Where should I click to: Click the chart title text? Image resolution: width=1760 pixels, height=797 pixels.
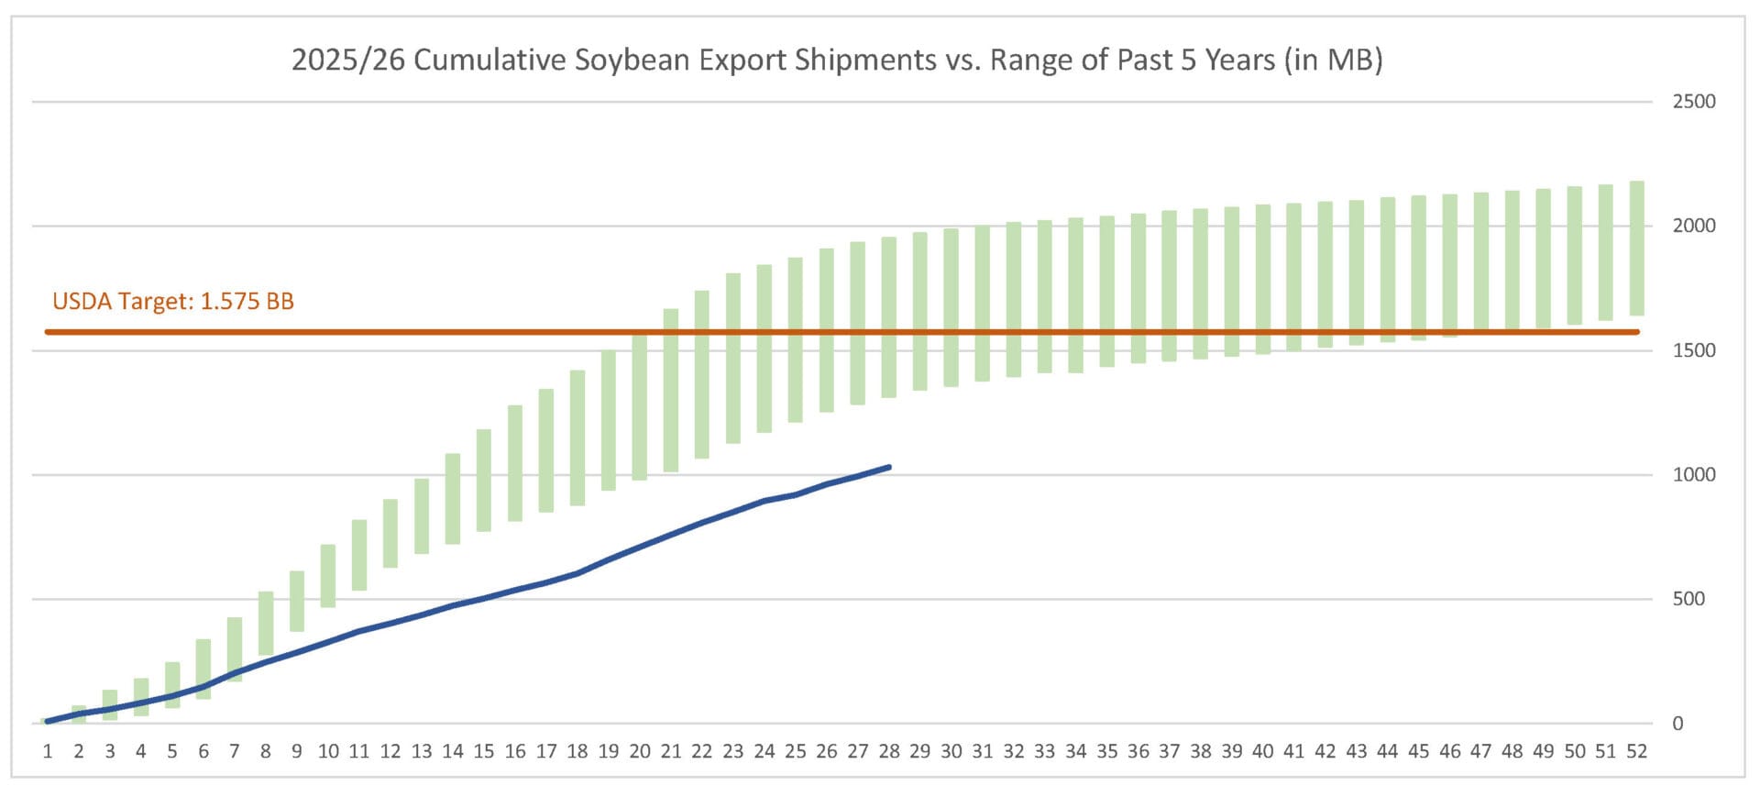(x=836, y=61)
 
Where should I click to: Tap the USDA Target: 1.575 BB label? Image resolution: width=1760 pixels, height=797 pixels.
(x=173, y=302)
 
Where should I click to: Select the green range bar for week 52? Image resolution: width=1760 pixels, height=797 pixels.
(x=1636, y=249)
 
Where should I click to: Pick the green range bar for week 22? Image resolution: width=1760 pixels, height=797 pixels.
(x=701, y=374)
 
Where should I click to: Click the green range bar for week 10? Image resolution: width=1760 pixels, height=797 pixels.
(x=328, y=576)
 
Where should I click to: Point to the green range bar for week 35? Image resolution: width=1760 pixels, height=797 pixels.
(x=1106, y=292)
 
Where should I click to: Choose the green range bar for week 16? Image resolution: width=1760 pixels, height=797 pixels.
(x=515, y=463)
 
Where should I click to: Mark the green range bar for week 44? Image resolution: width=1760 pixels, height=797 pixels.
(x=1387, y=270)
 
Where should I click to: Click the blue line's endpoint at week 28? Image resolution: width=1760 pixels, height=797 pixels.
(x=888, y=468)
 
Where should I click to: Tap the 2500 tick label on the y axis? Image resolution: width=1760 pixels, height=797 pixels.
(x=1693, y=102)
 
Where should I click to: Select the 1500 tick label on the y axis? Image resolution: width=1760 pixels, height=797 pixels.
(x=1693, y=350)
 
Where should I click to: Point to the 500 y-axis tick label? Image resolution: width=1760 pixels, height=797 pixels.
(x=1688, y=599)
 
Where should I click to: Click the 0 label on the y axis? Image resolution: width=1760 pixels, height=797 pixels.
(x=1677, y=724)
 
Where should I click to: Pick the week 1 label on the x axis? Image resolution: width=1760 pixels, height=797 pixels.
(x=48, y=752)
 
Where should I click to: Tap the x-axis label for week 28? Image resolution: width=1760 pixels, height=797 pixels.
(x=888, y=752)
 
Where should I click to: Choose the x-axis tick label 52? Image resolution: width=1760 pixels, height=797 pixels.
(x=1636, y=752)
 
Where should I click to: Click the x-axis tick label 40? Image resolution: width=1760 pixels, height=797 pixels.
(x=1262, y=752)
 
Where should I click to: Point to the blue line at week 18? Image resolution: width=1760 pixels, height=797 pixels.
(x=577, y=573)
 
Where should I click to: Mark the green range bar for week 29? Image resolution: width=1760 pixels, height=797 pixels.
(x=919, y=312)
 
